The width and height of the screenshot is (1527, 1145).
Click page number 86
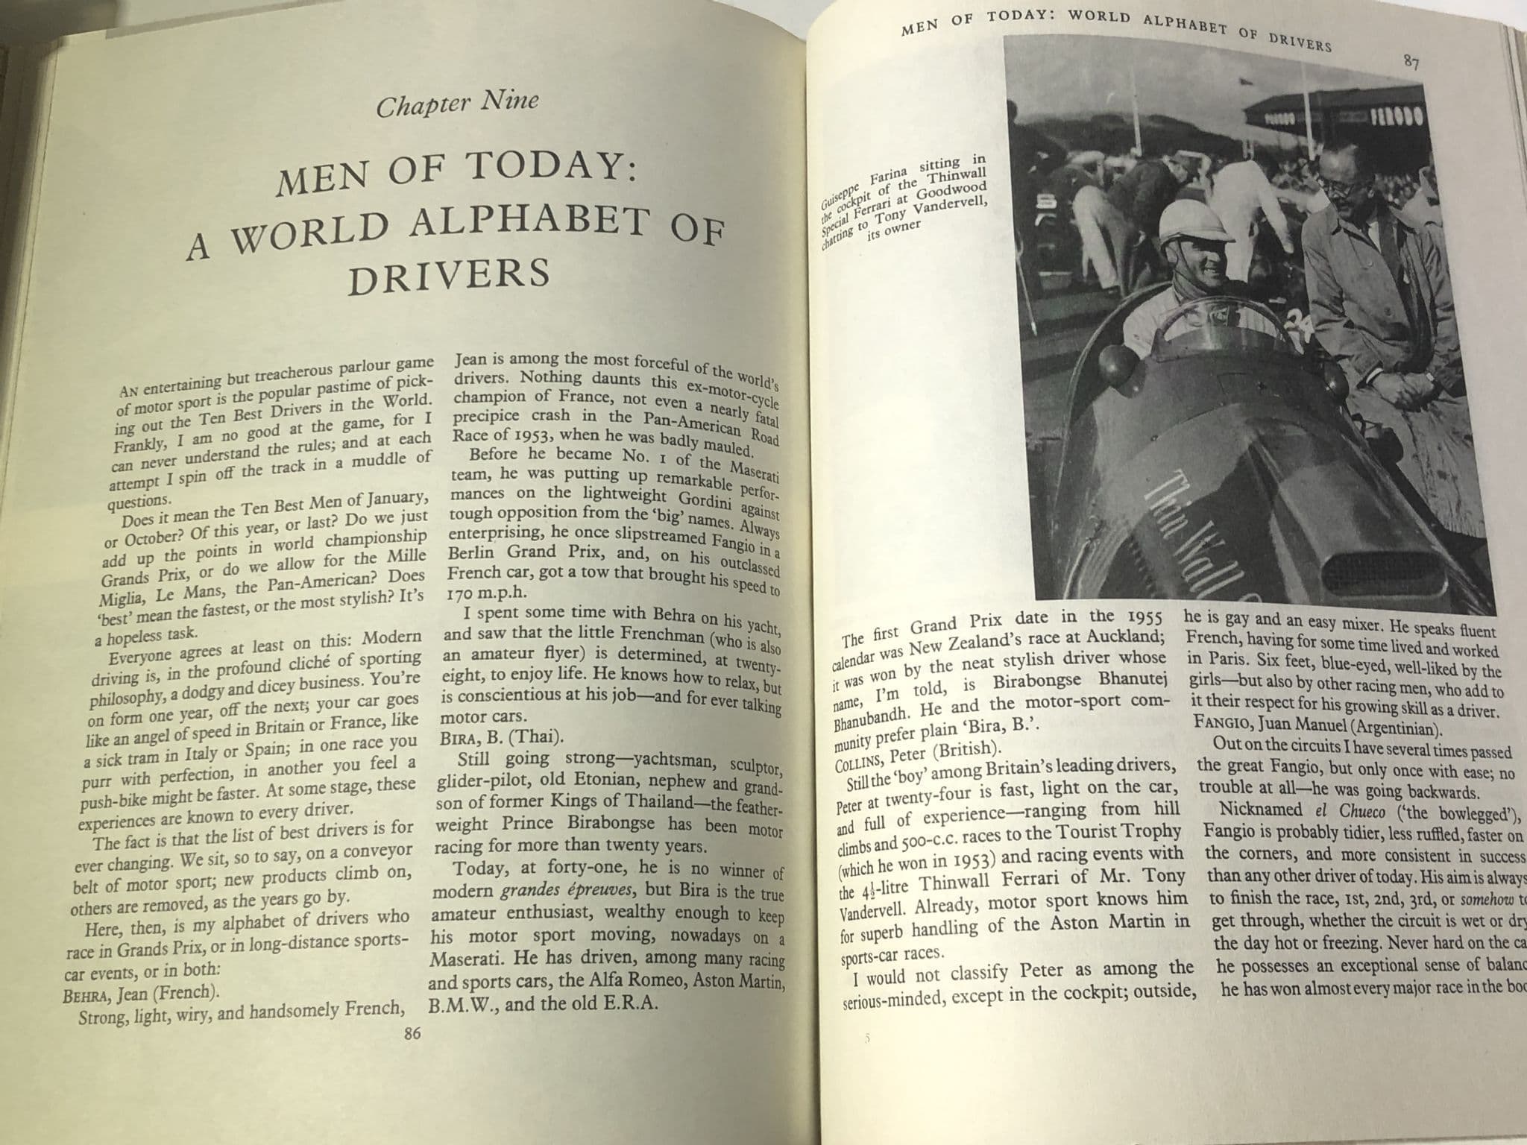tap(411, 1033)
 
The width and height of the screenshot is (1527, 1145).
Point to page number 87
tap(1410, 62)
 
